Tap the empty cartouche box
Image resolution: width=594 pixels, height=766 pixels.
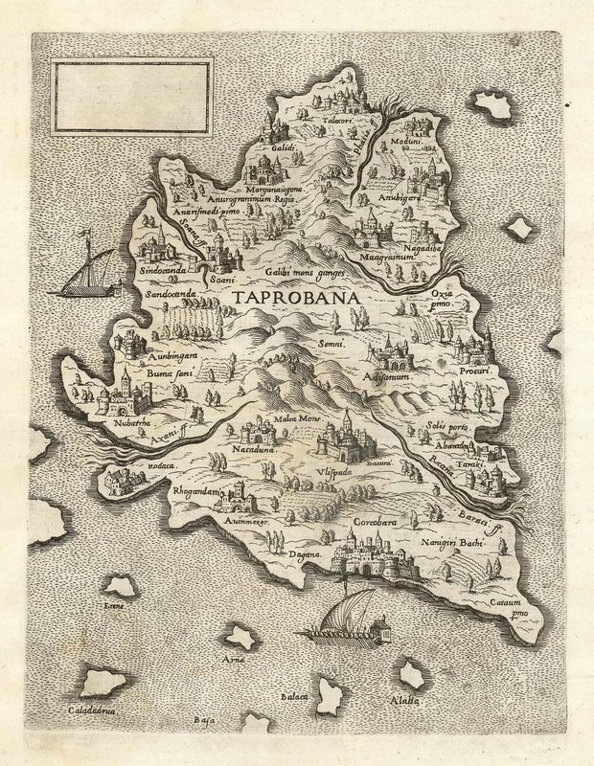pyautogui.click(x=131, y=96)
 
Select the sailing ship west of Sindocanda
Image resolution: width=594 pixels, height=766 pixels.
pyautogui.click(x=82, y=278)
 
